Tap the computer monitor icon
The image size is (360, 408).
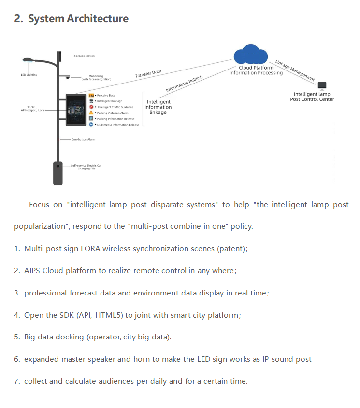(x=322, y=86)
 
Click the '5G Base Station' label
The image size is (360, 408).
(x=84, y=56)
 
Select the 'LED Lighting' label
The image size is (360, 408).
(x=29, y=75)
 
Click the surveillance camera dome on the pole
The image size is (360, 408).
(x=68, y=77)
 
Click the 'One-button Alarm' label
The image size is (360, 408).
(x=83, y=139)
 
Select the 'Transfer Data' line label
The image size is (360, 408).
(x=148, y=74)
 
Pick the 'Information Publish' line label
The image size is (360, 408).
(x=184, y=84)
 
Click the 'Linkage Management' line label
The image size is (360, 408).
(x=295, y=70)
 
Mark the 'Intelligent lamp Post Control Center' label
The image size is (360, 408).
(x=312, y=97)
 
